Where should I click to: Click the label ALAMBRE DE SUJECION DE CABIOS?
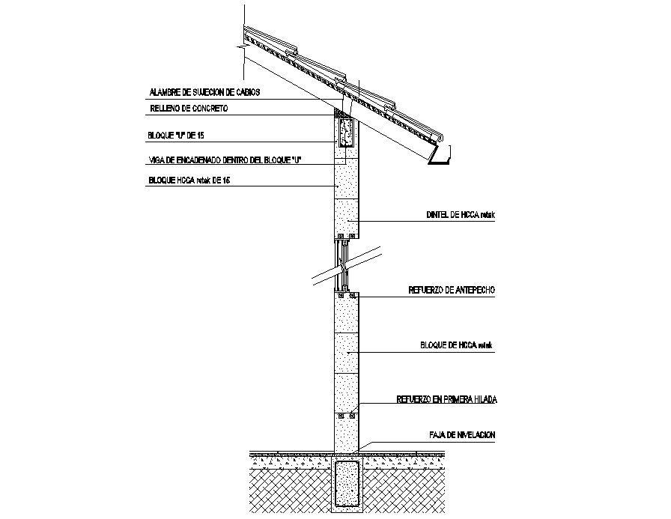point(204,93)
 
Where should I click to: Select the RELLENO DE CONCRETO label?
point(188,109)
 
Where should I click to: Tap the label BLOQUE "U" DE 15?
point(177,136)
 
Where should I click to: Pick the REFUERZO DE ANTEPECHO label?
point(452,289)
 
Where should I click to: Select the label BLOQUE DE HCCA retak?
point(458,345)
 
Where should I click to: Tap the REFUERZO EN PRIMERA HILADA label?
point(447,400)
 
